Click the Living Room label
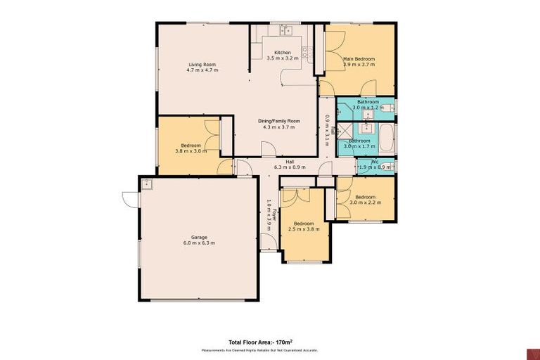202,65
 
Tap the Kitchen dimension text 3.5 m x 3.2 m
282,58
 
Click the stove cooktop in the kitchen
306,50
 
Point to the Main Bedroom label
359,58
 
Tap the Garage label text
198,237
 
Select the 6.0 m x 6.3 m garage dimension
198,243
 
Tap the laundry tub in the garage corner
147,184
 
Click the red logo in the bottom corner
532,352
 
